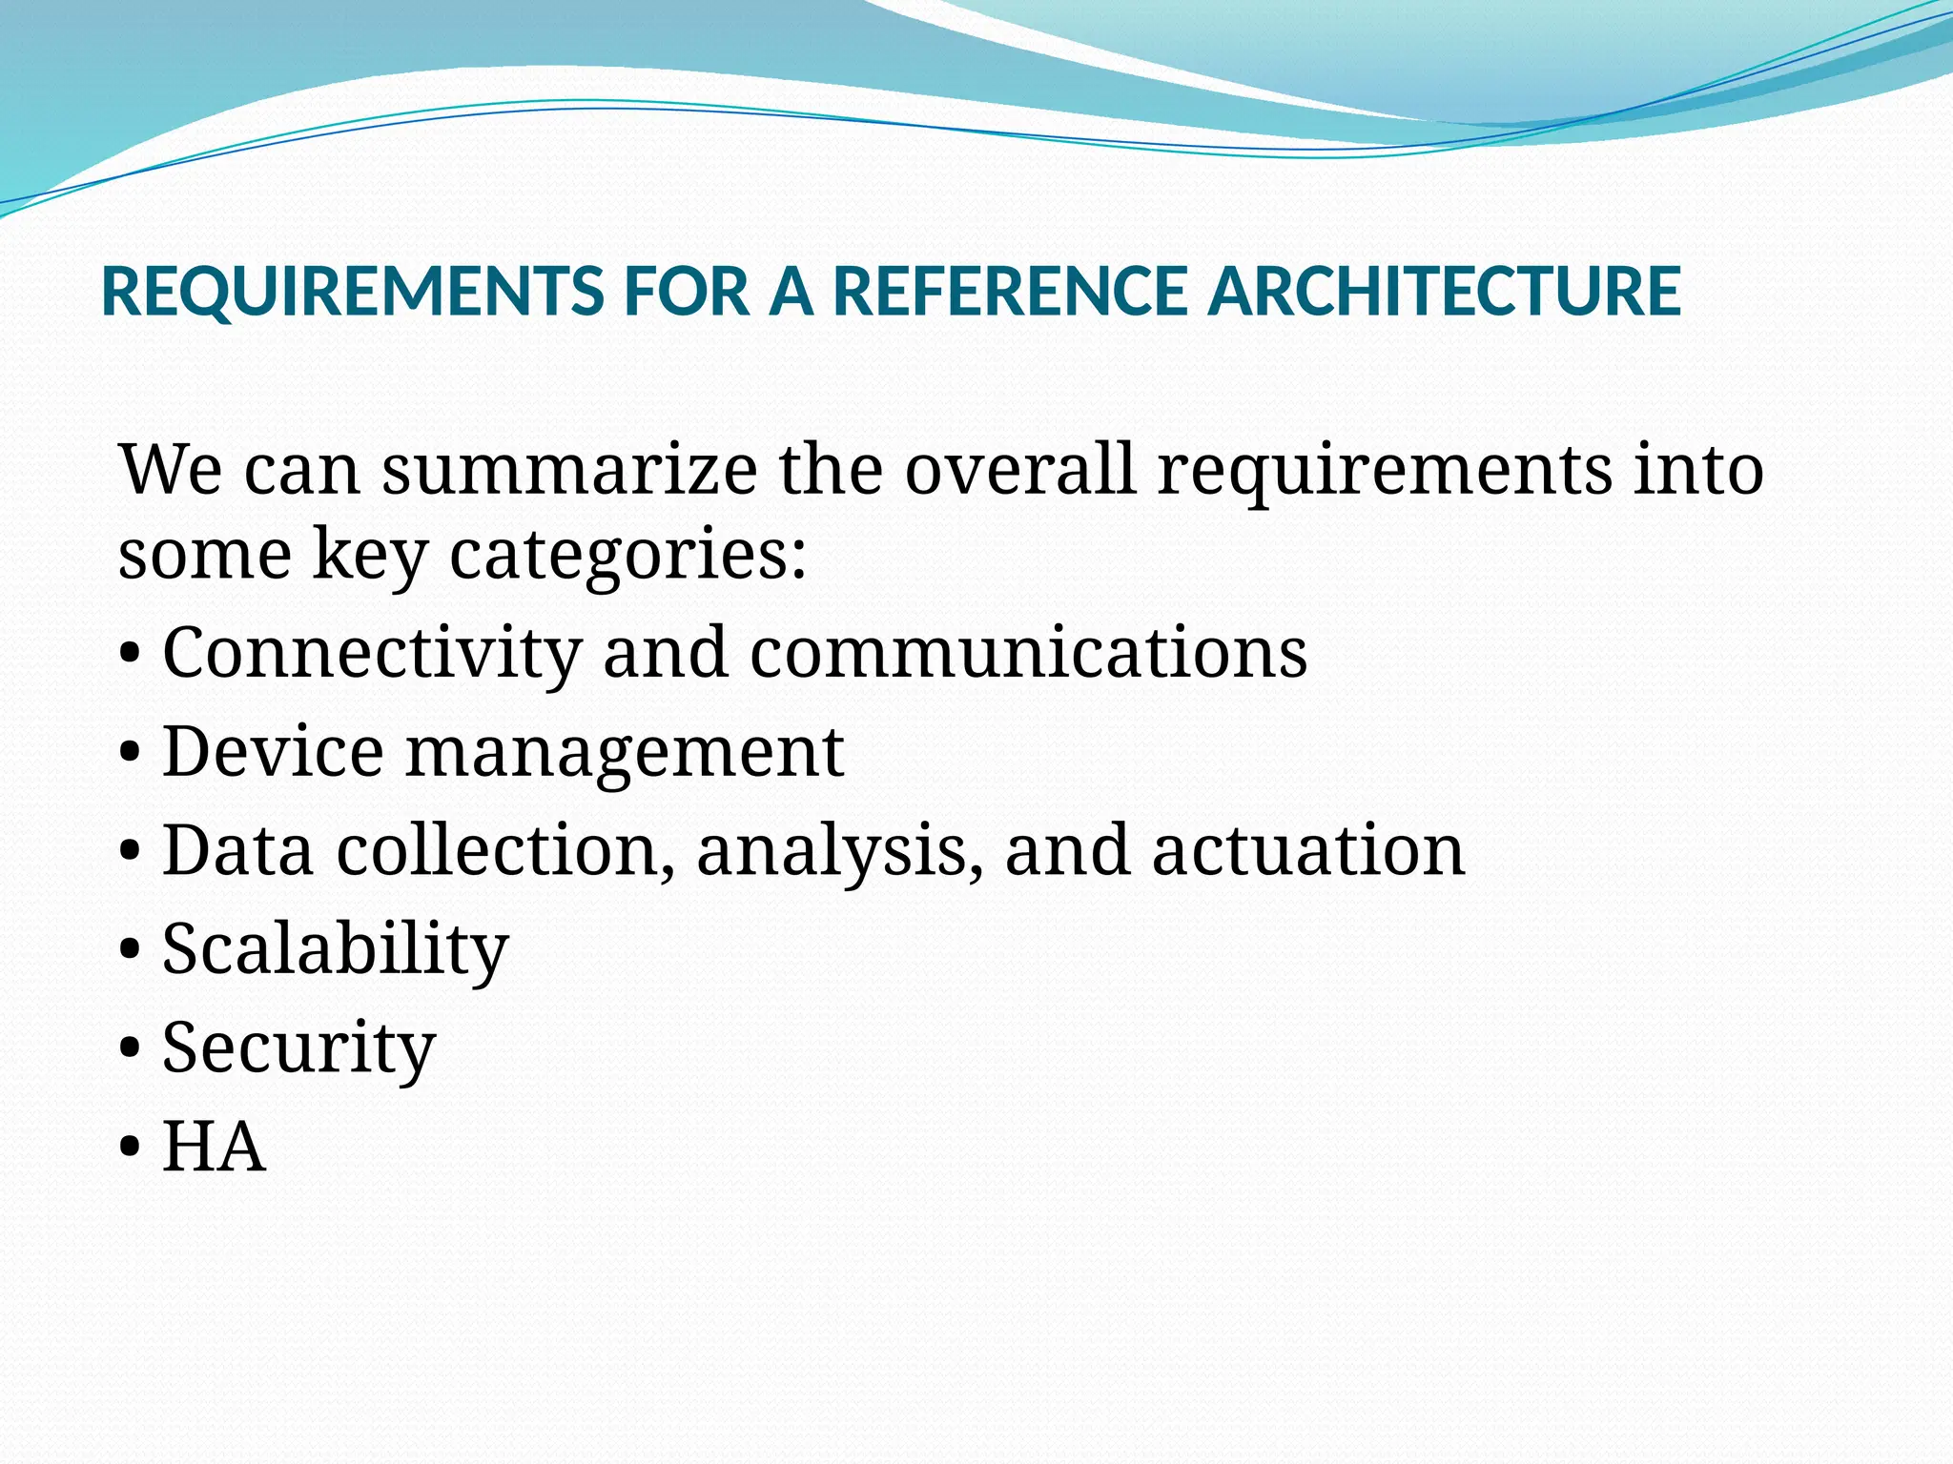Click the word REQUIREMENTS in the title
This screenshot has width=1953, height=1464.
pyautogui.click(x=353, y=291)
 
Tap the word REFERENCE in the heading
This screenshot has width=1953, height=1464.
pyautogui.click(x=1009, y=291)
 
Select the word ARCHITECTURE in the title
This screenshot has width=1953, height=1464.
pyautogui.click(x=1444, y=291)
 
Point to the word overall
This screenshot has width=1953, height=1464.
pyautogui.click(x=1020, y=470)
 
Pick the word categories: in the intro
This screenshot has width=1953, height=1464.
pyautogui.click(x=628, y=555)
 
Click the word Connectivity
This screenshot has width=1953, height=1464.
pyautogui.click(x=372, y=654)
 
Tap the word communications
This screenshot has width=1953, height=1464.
pyautogui.click(x=1028, y=654)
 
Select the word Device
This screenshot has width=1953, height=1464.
pyautogui.click(x=273, y=751)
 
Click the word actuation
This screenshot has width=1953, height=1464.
pyautogui.click(x=1307, y=850)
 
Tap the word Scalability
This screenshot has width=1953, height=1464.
pyautogui.click(x=336, y=951)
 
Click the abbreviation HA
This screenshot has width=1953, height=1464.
pyautogui.click(x=214, y=1147)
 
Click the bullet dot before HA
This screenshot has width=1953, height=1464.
pyautogui.click(x=131, y=1149)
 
